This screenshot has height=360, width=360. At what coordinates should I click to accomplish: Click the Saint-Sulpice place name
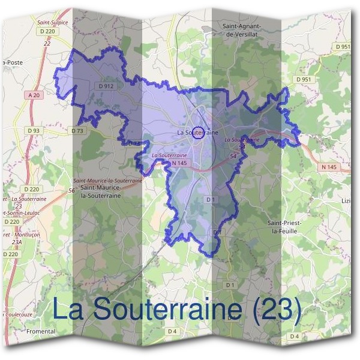[52, 22]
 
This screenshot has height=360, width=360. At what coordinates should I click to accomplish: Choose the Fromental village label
[41, 331]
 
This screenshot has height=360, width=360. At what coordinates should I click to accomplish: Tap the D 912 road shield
[106, 86]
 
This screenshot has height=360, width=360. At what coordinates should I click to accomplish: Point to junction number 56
[71, 190]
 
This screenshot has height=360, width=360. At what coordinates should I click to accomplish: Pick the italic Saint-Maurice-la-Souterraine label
[107, 180]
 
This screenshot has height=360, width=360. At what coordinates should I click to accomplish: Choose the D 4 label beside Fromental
[172, 331]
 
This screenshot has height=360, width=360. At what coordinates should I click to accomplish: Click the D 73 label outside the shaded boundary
[77, 130]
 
